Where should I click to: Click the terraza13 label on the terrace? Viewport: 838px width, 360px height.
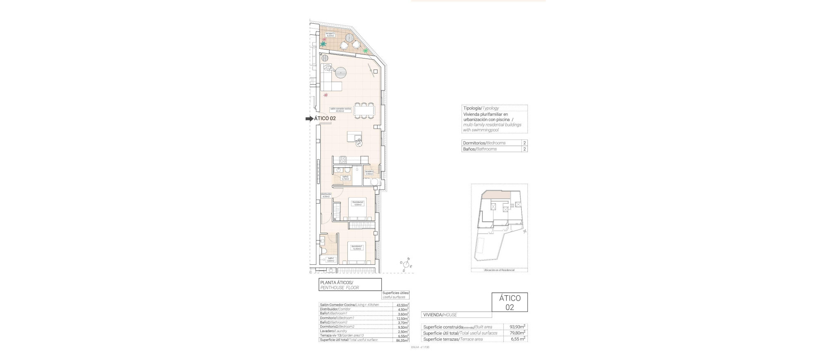coord(330,34)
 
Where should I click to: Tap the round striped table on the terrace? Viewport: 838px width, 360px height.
coord(348,38)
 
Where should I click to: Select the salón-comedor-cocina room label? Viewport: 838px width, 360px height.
coord(340,110)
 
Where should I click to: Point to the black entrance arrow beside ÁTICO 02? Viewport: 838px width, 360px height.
coord(309,119)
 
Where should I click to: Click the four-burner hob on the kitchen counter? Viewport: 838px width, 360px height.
coord(342,160)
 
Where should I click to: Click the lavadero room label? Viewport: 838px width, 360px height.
coord(369,173)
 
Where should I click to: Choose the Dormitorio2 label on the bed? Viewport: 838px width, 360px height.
coord(357,203)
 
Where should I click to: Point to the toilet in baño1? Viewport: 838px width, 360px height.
coord(323,252)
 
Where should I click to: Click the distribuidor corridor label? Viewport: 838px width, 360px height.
coord(326,195)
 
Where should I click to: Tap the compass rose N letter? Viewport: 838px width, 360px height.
coord(408,259)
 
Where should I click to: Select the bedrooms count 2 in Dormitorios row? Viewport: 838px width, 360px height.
coord(525,143)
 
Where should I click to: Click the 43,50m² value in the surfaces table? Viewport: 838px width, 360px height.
coord(402,305)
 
